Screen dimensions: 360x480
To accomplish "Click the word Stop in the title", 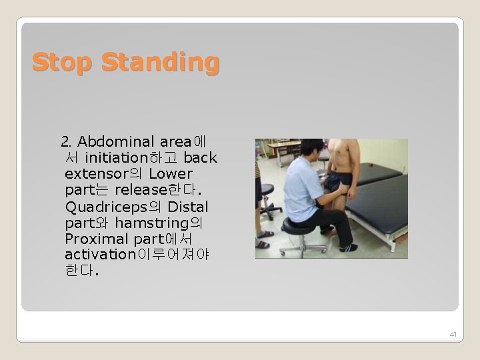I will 63,63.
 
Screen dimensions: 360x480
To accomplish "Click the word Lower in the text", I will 171,174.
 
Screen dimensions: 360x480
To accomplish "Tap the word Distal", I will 188,207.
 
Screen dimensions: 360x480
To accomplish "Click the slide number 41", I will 453,333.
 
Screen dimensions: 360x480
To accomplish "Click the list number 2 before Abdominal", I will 65,142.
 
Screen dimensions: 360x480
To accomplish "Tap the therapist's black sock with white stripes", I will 349,248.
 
